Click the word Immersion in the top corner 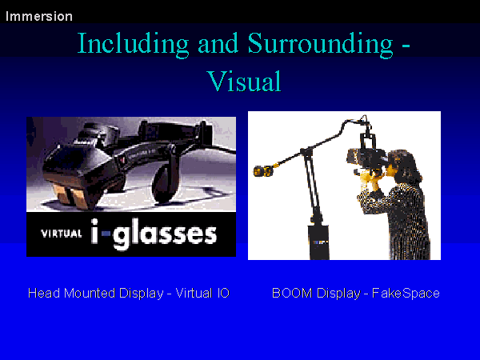[39, 16]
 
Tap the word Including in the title [133, 44]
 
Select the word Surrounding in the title [320, 44]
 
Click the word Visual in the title [244, 81]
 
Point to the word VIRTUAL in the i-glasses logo [62, 234]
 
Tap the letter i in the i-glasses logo [94, 231]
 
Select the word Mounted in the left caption [90, 294]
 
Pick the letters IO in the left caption [223, 294]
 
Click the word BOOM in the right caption [292, 294]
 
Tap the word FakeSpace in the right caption [406, 294]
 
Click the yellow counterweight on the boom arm [263, 171]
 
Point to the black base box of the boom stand [318, 242]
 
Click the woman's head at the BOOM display [402, 166]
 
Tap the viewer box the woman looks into [366, 158]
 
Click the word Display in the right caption [338, 294]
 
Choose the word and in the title [218, 44]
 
